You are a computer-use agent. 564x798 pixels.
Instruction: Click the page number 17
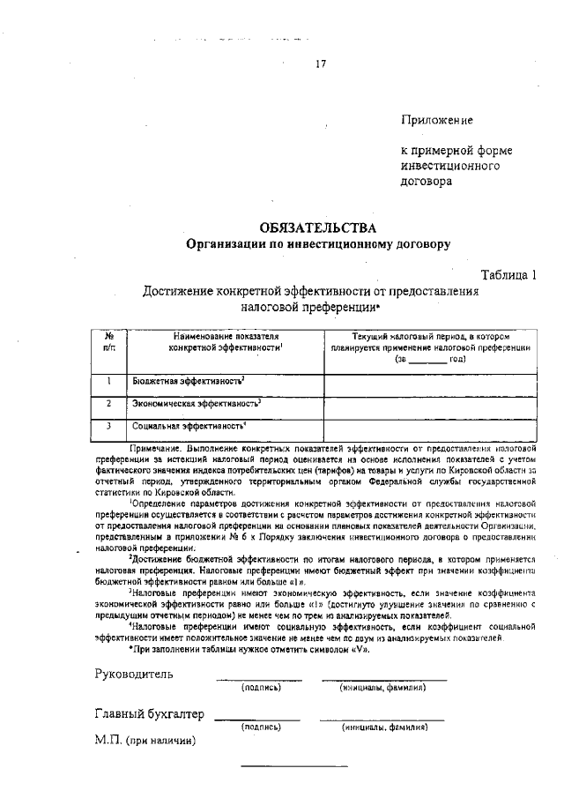point(321,63)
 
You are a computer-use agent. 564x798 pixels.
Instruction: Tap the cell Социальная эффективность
point(189,426)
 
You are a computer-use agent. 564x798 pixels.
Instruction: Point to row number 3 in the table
point(108,426)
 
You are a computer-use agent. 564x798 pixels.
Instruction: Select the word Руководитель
point(134,675)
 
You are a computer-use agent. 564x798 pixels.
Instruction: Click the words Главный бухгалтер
point(149,714)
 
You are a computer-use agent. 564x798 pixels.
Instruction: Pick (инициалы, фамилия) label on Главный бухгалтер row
point(384,727)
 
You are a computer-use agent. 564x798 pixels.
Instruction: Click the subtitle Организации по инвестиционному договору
point(316,244)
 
